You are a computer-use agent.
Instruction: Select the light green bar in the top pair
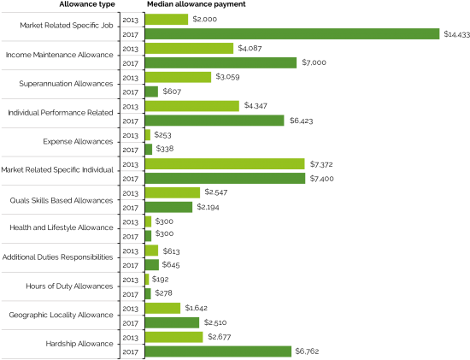coord(167,20)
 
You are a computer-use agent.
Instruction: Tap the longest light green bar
coord(225,164)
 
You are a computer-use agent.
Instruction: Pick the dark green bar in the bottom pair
coord(218,351)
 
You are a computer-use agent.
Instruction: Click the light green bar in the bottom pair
coord(174,337)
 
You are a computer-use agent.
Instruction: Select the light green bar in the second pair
coord(189,49)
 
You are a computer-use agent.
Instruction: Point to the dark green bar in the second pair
coord(220,62)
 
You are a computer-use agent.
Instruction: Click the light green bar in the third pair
coord(178,77)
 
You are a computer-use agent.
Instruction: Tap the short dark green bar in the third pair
coord(151,91)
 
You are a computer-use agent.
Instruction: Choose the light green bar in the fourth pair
coord(191,106)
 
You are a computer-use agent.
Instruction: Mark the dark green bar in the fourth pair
coord(214,121)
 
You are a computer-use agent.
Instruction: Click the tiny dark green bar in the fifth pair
coord(149,150)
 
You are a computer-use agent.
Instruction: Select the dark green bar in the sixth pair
coord(225,178)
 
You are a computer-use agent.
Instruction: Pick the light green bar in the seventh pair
coord(173,192)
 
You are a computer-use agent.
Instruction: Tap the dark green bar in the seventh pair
coord(168,207)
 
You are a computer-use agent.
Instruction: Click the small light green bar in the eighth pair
coord(149,221)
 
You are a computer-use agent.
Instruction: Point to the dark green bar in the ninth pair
coord(152,265)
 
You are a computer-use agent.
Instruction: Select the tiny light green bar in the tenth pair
coord(147,280)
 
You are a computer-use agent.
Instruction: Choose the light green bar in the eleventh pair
coord(162,308)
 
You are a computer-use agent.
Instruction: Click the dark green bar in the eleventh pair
coord(172,322)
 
